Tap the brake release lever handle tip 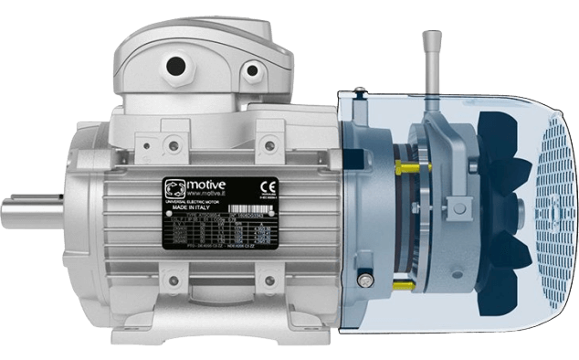pos(430,38)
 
